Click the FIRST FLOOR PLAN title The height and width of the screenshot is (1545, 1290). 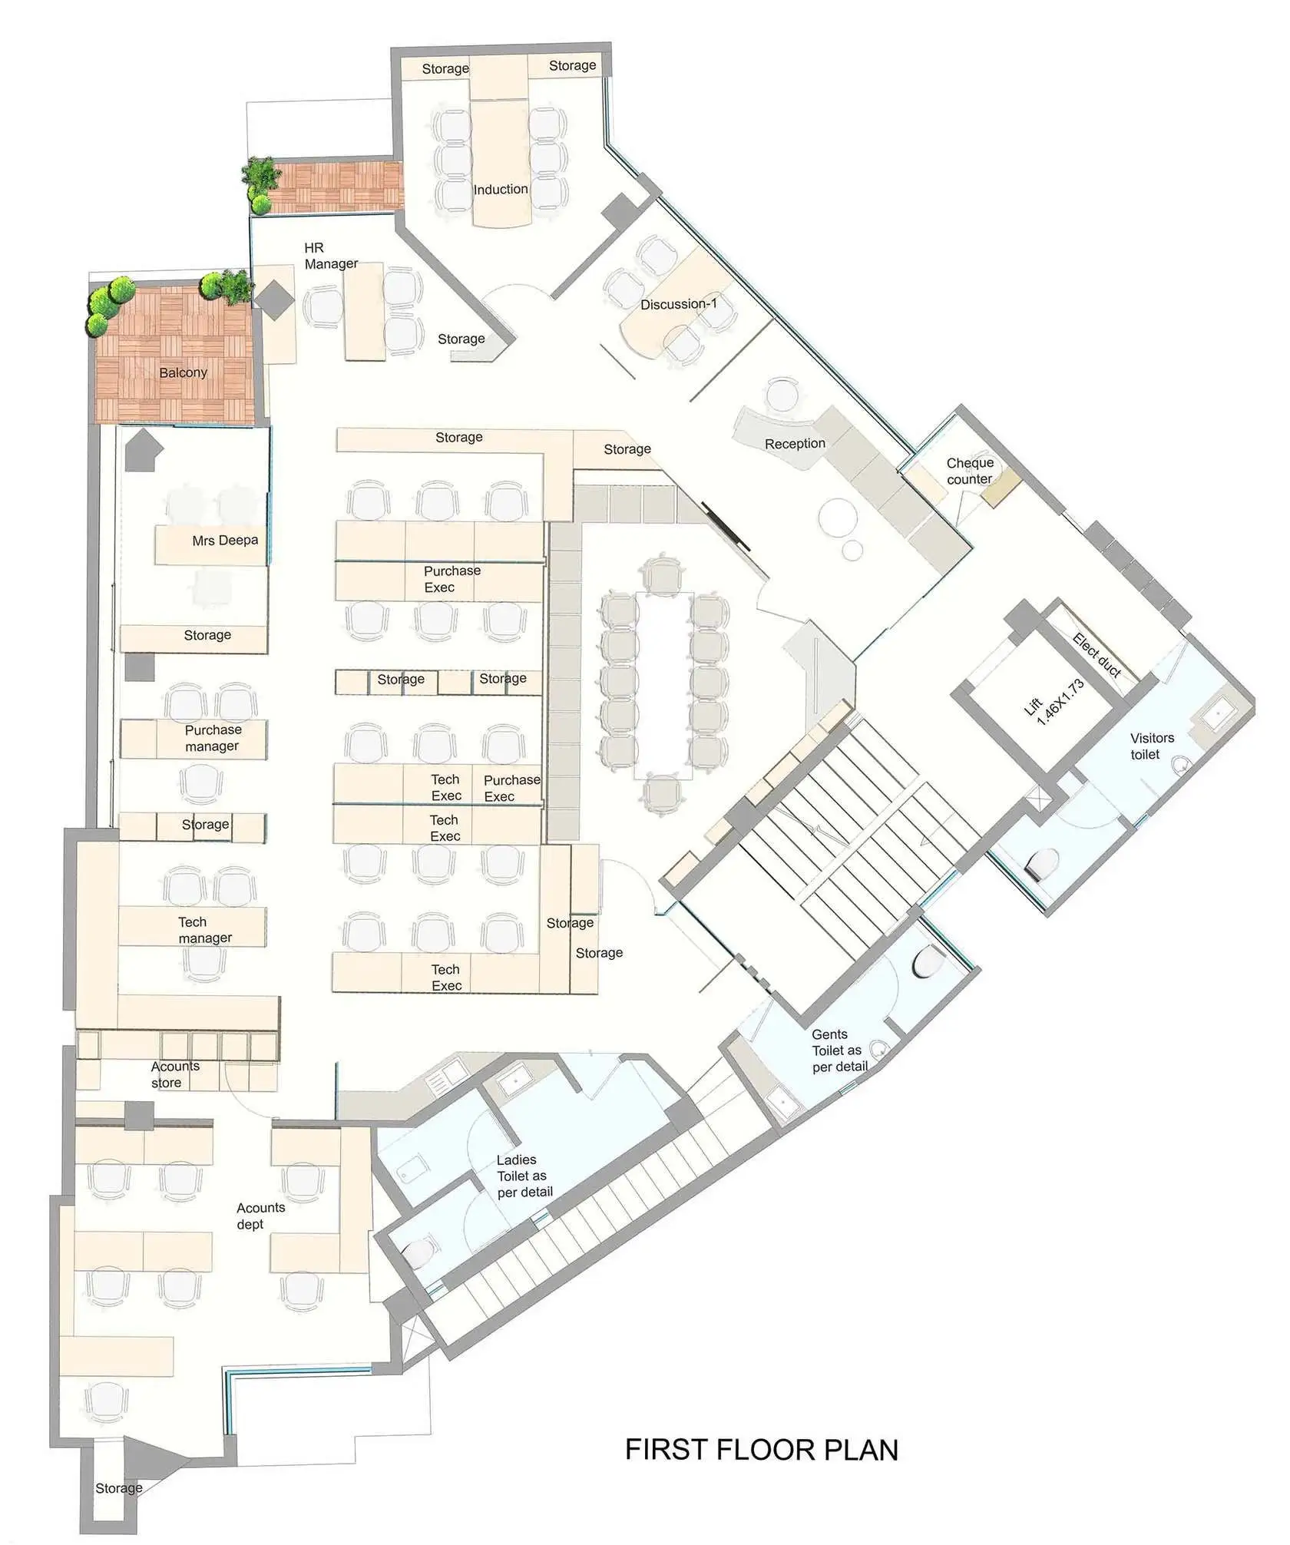tap(761, 1449)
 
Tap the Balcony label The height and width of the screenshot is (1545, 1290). tap(183, 372)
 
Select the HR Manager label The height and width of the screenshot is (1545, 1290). tap(331, 256)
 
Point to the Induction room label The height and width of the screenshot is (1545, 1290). tap(501, 189)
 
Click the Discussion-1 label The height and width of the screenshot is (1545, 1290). tap(679, 304)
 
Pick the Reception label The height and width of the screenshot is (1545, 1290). tap(795, 443)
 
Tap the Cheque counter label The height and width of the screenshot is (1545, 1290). tap(970, 471)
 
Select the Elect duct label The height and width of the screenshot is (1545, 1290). tap(1097, 655)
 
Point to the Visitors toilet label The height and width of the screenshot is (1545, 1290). tap(1152, 746)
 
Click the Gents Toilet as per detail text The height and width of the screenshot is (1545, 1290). tap(839, 1050)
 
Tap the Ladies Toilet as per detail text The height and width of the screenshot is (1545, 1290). tap(524, 1176)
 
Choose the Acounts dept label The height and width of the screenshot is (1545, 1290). tap(260, 1216)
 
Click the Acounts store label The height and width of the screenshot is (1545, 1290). tap(175, 1074)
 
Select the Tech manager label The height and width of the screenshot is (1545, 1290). tap(204, 929)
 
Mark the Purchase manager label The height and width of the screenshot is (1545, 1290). tap(213, 737)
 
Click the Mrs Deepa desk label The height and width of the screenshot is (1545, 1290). tap(225, 540)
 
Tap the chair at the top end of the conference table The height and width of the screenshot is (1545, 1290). tap(662, 574)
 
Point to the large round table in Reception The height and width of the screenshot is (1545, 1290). tap(838, 516)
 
